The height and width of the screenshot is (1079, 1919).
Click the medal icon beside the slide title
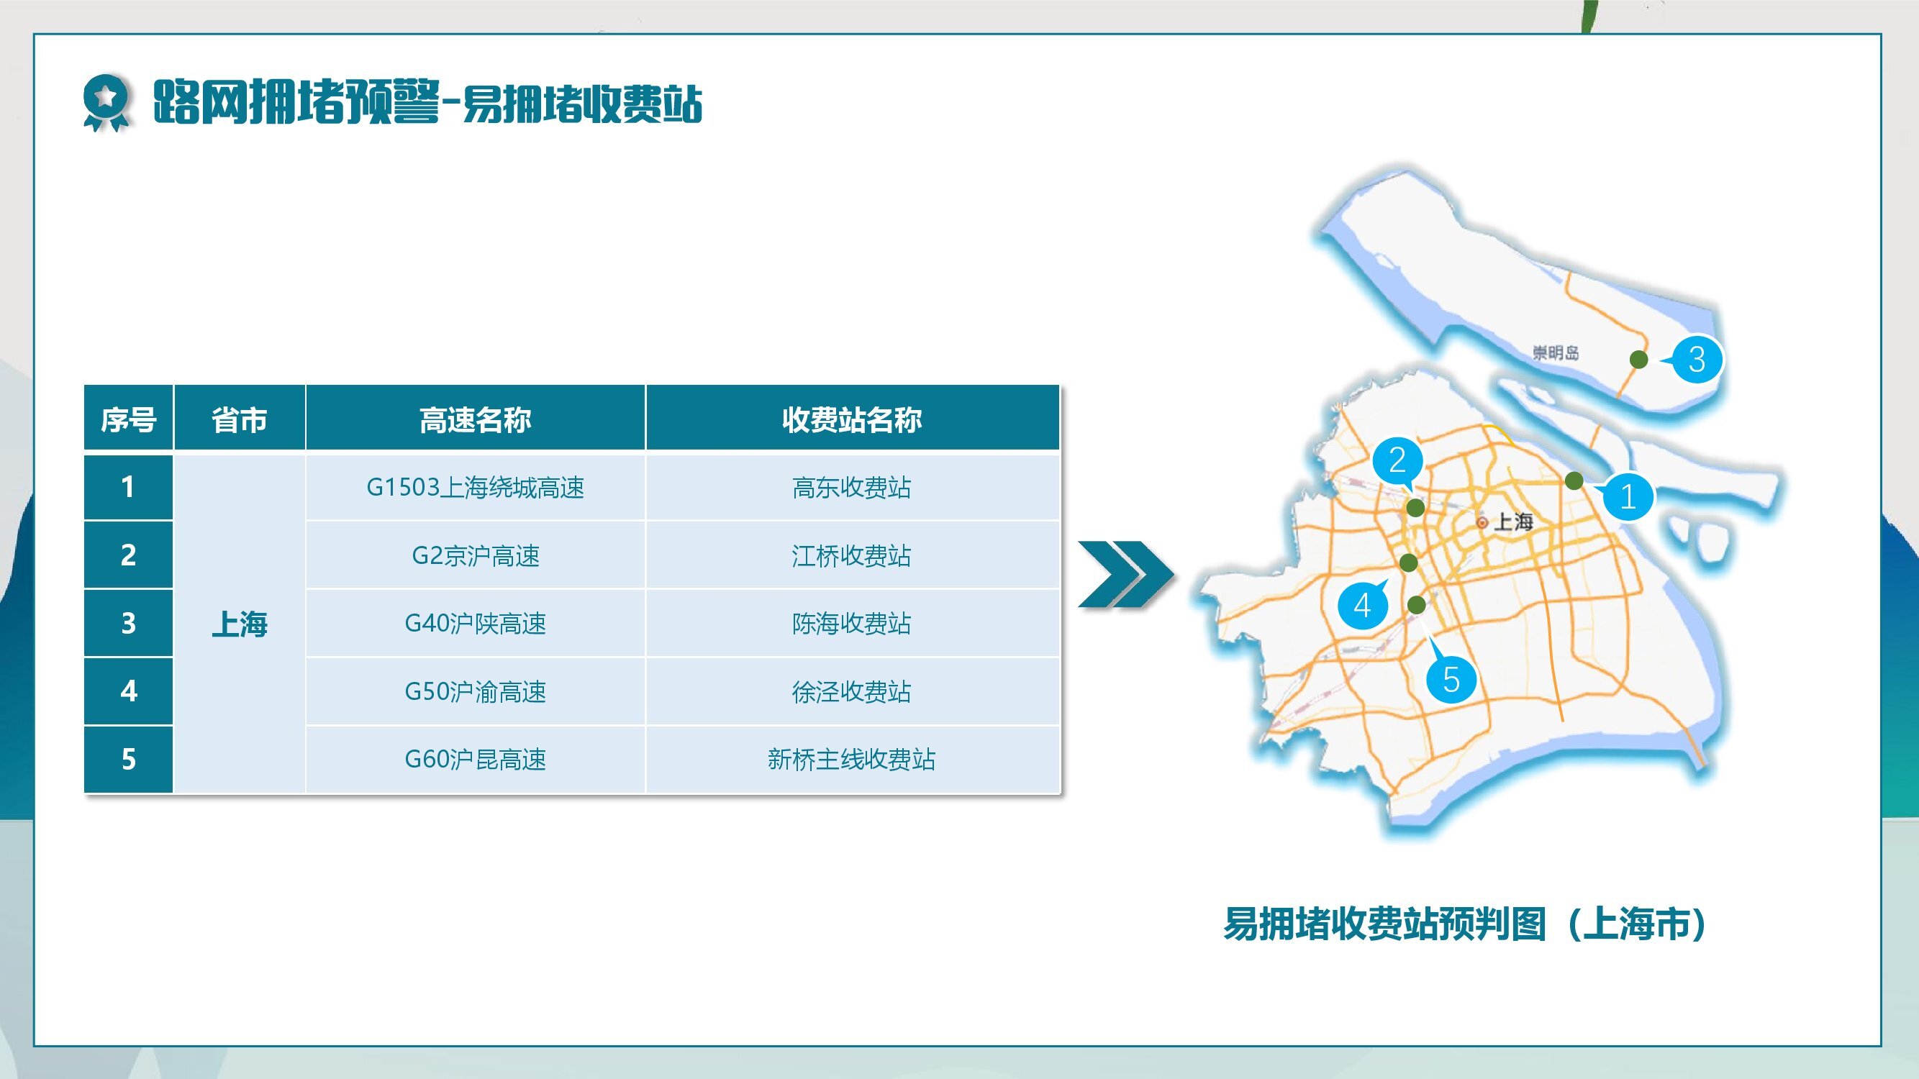tap(106, 104)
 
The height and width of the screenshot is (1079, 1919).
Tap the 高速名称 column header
tap(476, 419)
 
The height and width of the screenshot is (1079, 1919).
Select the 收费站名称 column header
tap(852, 419)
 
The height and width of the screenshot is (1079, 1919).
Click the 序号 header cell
tap(128, 419)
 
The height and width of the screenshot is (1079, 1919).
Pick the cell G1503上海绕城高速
tap(476, 487)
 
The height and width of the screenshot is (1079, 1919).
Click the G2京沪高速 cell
tap(476, 555)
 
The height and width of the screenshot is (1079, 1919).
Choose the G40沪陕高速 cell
tap(476, 623)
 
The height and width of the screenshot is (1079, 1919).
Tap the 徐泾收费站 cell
tap(852, 692)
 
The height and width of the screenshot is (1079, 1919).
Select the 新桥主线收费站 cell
tap(852, 760)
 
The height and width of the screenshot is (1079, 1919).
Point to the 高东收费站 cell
tap(852, 487)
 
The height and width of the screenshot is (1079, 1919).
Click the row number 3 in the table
tap(128, 623)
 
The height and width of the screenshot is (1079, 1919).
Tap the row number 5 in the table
tap(128, 760)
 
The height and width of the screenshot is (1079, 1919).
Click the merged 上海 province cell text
tap(239, 624)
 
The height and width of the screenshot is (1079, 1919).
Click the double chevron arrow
tap(1125, 573)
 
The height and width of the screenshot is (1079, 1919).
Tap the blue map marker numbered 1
tap(1626, 496)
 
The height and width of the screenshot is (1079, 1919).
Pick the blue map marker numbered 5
tap(1451, 678)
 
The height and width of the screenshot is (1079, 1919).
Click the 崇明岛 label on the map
tap(1556, 353)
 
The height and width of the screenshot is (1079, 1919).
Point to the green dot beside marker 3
tap(1638, 360)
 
